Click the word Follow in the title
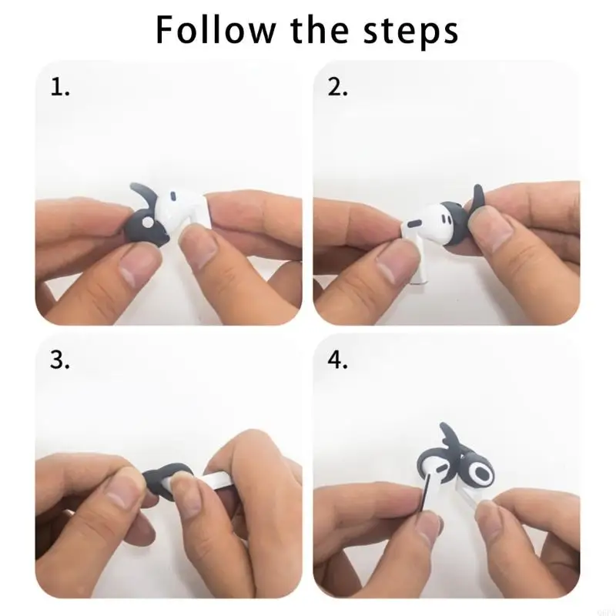click(215, 30)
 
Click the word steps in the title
click(413, 30)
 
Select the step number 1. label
click(60, 87)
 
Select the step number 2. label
click(338, 87)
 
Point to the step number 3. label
click(60, 361)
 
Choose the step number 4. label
click(338, 361)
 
